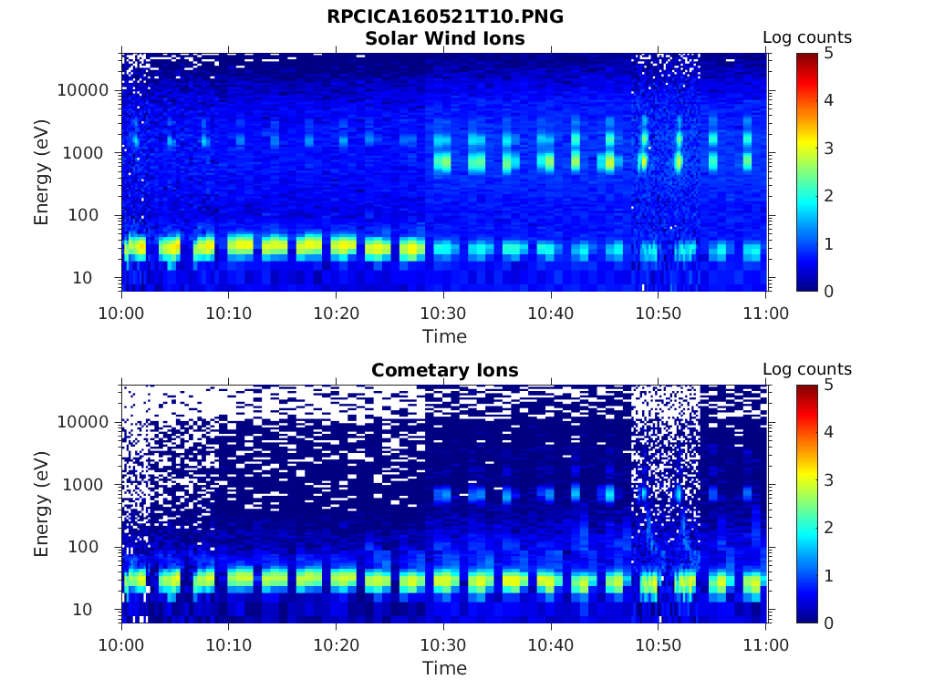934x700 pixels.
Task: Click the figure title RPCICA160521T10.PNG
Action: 444,17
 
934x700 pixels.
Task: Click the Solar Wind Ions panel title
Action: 444,38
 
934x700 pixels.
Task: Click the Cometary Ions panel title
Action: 444,370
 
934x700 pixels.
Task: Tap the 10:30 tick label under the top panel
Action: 443,314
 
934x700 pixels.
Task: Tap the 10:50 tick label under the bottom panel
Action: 659,645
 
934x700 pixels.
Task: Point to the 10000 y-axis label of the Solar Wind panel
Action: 84,90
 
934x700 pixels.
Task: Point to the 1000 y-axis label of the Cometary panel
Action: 89,485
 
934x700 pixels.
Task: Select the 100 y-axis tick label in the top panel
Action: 94,216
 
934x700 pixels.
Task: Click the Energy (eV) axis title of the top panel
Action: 42,172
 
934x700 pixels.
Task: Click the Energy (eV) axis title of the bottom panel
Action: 42,504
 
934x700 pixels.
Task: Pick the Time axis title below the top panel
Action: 444,336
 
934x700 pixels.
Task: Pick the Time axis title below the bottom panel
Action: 444,668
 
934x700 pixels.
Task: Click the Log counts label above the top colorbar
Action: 807,37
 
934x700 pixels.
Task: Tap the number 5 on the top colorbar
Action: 829,53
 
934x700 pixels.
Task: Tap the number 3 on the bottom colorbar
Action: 829,479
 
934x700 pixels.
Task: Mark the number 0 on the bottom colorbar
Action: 829,623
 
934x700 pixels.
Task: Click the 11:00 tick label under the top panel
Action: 766,314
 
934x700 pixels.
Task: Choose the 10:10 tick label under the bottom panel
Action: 229,645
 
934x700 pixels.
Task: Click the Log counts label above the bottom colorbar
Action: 807,369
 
